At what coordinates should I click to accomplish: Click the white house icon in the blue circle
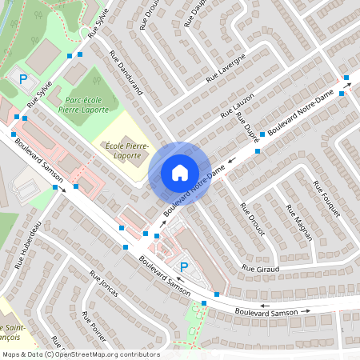pos(179,173)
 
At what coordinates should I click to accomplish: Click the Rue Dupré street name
pos(246,126)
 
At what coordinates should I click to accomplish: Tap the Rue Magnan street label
pos(295,221)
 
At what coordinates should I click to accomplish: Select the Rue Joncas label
pos(103,283)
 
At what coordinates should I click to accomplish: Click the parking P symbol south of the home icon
pos(184,266)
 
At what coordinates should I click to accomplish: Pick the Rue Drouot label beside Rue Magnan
pos(249,218)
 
